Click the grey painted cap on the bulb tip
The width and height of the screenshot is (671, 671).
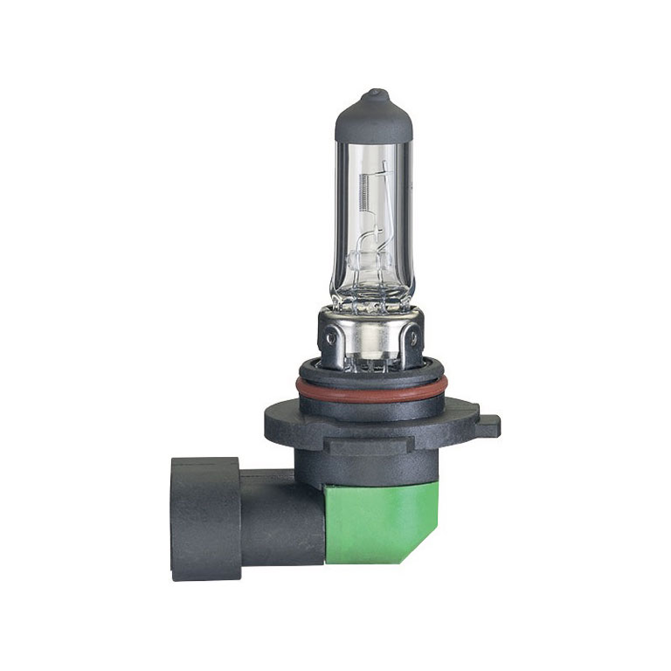pos(373,118)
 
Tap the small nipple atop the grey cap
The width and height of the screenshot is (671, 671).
pos(374,92)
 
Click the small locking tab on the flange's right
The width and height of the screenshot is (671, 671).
pos(490,424)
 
